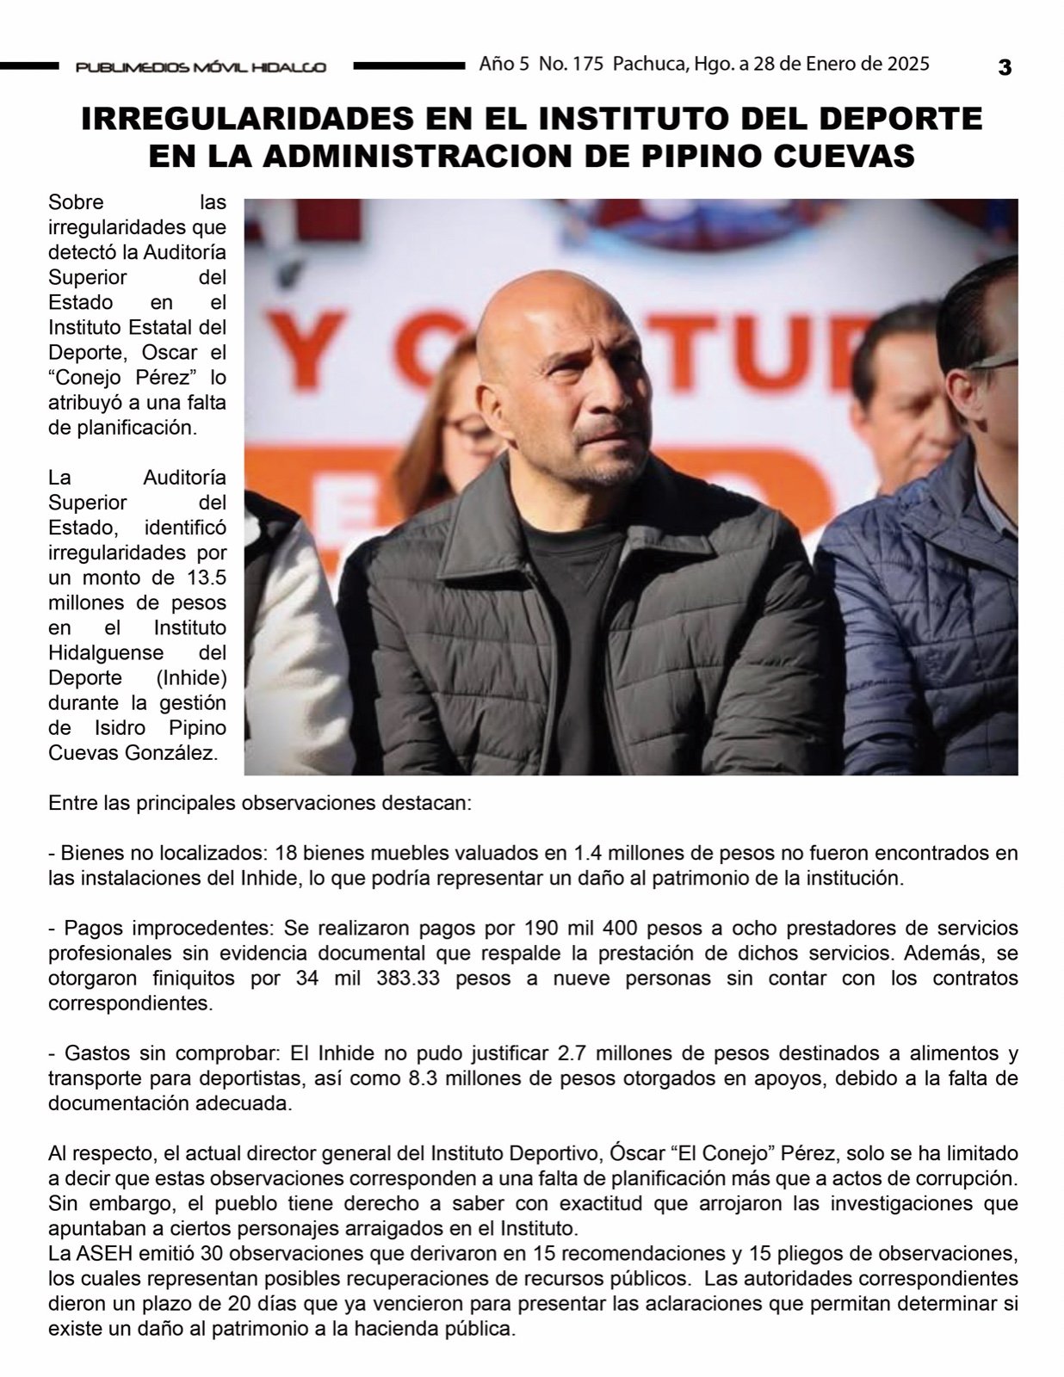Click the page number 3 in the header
(1004, 67)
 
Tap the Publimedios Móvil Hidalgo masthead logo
(201, 67)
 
